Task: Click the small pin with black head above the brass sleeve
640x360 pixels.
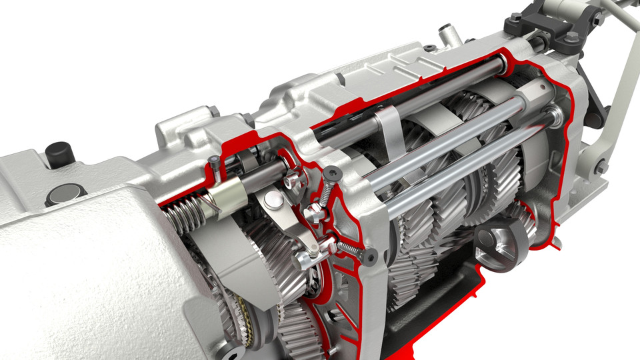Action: (213, 161)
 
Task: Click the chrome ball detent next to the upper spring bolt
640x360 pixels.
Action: (311, 213)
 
